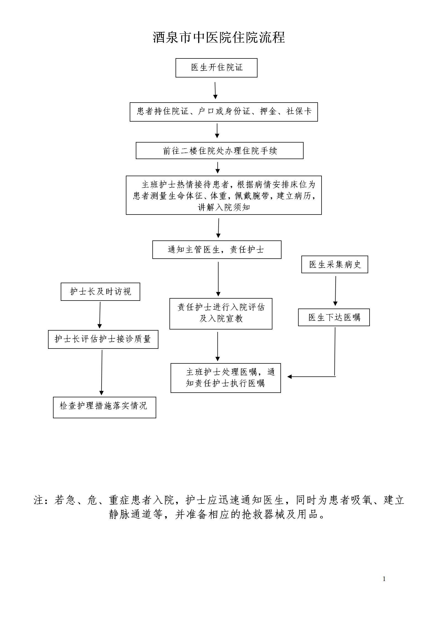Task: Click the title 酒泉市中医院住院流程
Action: pyautogui.click(x=219, y=37)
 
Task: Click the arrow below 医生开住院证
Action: pyautogui.click(x=215, y=90)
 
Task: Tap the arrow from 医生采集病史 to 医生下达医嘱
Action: pyautogui.click(x=336, y=291)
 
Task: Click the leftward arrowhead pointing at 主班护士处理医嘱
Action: pyautogui.click(x=289, y=377)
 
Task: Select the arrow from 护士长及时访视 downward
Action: pyautogui.click(x=100, y=315)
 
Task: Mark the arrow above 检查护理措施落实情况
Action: pyautogui.click(x=102, y=373)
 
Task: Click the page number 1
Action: pyautogui.click(x=384, y=579)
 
